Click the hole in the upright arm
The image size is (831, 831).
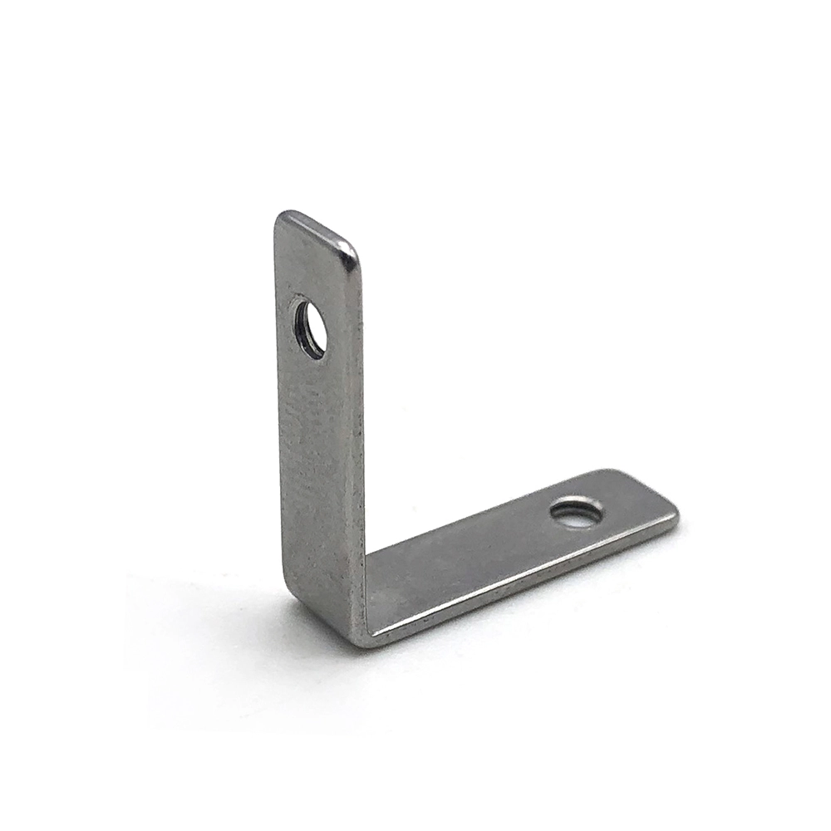(x=310, y=329)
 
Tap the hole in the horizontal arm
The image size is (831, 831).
(x=577, y=512)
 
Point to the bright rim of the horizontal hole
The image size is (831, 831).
(x=577, y=501)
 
